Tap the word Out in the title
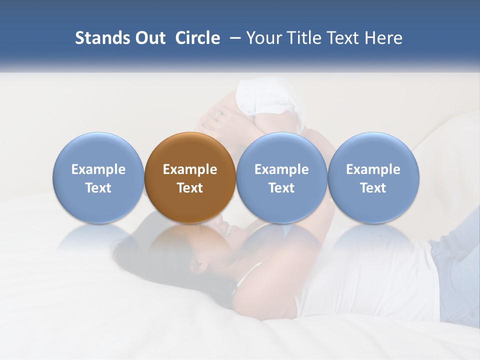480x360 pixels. tap(149, 38)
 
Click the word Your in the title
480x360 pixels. tap(262, 38)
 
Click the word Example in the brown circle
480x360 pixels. tap(190, 169)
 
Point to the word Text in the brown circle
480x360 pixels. tap(190, 188)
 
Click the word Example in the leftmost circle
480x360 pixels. tap(98, 169)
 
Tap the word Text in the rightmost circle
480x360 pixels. tap(373, 188)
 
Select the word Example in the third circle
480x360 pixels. tap(281, 169)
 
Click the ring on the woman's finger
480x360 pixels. tap(219, 114)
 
